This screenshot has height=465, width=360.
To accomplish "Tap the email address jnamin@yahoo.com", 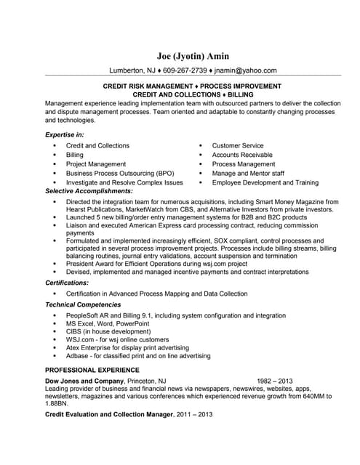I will (247, 70).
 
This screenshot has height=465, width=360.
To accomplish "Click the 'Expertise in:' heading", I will (65, 135).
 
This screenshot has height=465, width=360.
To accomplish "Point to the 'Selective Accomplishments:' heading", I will (89, 191).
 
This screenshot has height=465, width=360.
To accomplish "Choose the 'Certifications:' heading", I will (67, 282).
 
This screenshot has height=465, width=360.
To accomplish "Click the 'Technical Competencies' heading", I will (83, 304).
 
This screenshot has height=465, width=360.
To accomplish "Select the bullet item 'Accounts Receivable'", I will (243, 155).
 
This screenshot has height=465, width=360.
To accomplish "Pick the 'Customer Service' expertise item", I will (238, 145).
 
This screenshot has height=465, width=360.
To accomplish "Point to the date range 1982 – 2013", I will (275, 380).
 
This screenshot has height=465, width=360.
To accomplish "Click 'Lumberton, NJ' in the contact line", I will (132, 70).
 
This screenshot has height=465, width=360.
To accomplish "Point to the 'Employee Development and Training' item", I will (265, 182).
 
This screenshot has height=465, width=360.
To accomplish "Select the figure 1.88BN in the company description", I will (58, 405).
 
